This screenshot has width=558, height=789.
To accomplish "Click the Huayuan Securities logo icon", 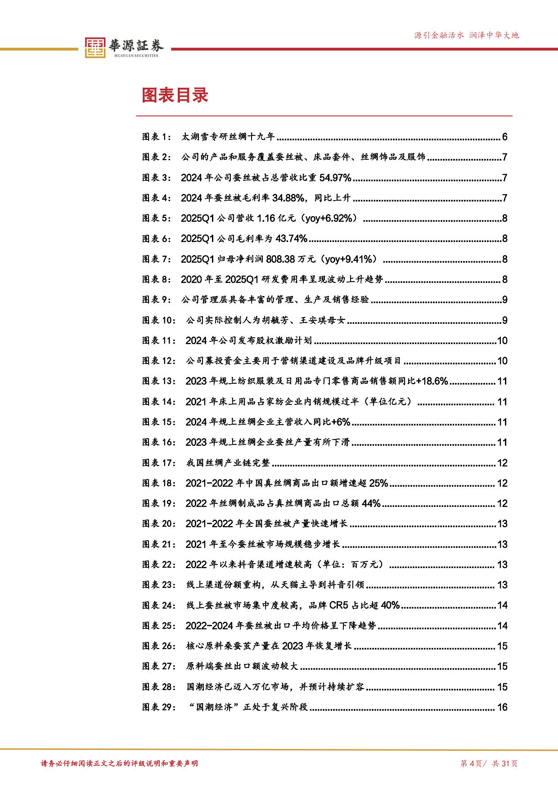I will tap(95, 47).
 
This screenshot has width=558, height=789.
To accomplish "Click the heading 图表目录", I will tap(175, 95).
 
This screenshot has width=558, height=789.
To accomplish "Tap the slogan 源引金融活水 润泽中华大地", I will tap(466, 35).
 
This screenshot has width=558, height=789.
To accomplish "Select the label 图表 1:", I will tap(157, 137).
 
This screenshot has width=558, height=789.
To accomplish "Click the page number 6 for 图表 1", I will tap(504, 137).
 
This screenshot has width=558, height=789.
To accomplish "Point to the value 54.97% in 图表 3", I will tap(335, 178).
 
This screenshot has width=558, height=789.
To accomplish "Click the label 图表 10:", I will tap(159, 320).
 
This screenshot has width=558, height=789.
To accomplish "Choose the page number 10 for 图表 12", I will tap(502, 361).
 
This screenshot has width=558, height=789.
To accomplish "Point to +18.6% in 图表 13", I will tap(432, 381).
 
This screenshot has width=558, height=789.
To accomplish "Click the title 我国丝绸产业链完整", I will tap(228, 463).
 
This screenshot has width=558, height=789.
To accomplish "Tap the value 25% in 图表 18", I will tap(378, 483).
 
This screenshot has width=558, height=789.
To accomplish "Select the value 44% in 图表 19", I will tap(371, 503).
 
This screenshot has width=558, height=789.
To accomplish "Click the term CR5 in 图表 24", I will tap(339, 605).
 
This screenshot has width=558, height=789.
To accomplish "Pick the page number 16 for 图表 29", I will tap(502, 707).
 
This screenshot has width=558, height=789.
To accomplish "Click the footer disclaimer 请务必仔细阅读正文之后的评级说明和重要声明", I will tap(119, 763).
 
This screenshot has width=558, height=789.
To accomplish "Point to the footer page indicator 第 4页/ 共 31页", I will tap(489, 763).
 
